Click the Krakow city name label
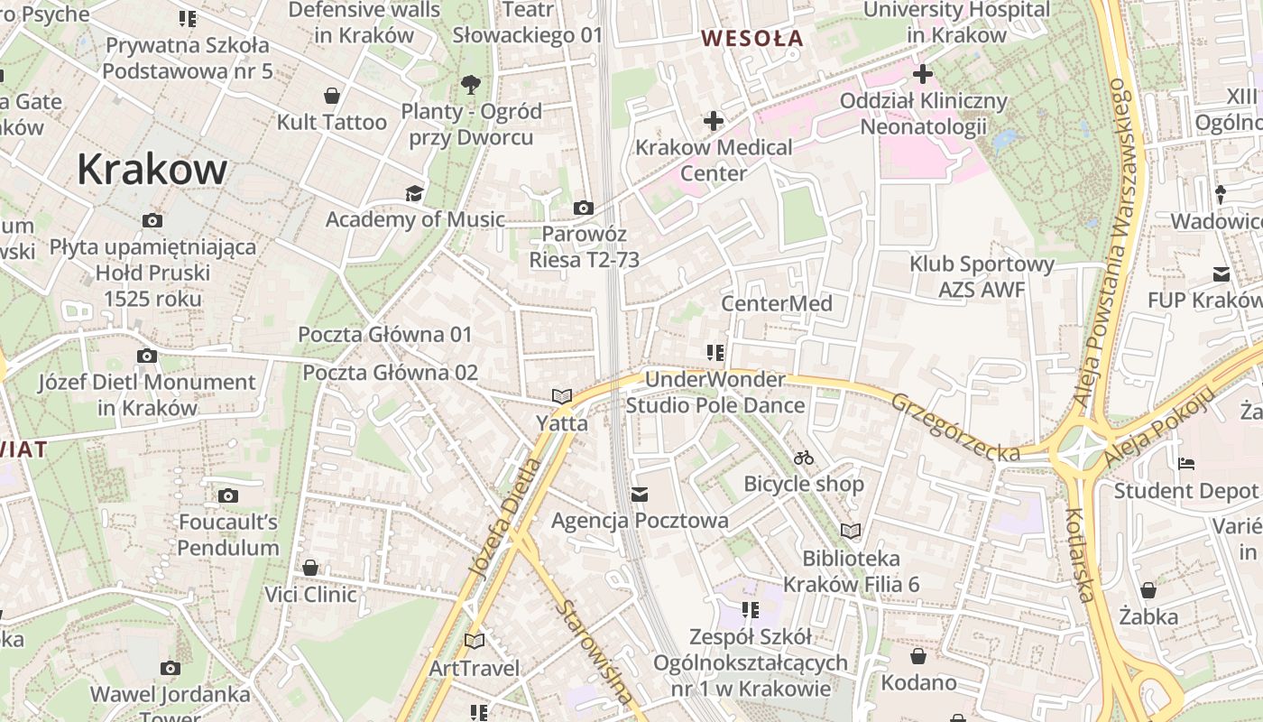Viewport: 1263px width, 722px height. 152,169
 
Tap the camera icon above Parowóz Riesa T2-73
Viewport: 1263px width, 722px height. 583,208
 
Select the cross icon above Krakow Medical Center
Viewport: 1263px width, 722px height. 714,120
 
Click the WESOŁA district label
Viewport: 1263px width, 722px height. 751,38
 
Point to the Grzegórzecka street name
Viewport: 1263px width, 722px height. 955,427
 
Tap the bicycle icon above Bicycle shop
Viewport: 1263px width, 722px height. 804,458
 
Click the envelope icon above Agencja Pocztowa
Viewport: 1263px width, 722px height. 640,495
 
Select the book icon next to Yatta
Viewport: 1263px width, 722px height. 562,396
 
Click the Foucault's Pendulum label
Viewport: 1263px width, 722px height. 228,534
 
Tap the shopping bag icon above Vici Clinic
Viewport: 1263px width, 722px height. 310,568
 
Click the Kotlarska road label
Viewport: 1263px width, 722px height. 1080,555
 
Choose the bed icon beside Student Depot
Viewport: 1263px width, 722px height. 1186,464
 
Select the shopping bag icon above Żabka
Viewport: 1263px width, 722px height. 1148,590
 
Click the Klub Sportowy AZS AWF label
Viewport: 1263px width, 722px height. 982,277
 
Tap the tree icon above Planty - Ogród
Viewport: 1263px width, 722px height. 470,85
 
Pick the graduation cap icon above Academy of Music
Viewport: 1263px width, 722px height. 414,193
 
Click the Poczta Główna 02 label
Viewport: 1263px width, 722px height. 390,373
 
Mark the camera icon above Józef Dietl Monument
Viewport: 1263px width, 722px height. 146,356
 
